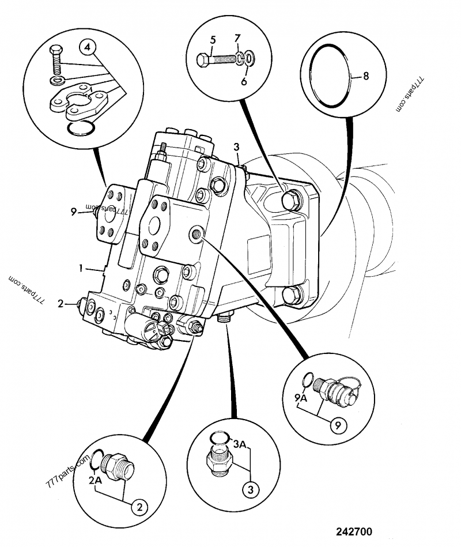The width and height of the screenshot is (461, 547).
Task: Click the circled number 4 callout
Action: coord(88,47)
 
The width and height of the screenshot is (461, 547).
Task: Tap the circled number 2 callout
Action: coord(139,507)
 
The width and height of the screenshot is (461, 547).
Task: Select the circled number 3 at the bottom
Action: coord(251,490)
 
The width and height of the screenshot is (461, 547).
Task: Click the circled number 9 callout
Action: coord(338,425)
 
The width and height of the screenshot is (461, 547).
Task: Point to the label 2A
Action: coord(95,480)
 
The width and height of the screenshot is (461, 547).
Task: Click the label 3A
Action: coord(240,444)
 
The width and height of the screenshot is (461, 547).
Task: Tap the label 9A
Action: coord(301,397)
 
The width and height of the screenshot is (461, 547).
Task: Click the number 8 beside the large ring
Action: coord(366,76)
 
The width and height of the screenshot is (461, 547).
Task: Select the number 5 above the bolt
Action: coord(213,40)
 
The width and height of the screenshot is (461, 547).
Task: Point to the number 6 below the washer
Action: coord(244,81)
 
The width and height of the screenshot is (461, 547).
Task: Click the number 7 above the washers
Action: coord(237,37)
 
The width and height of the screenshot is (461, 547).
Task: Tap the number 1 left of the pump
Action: coord(81,268)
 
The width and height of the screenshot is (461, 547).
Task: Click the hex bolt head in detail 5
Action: coord(203,61)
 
